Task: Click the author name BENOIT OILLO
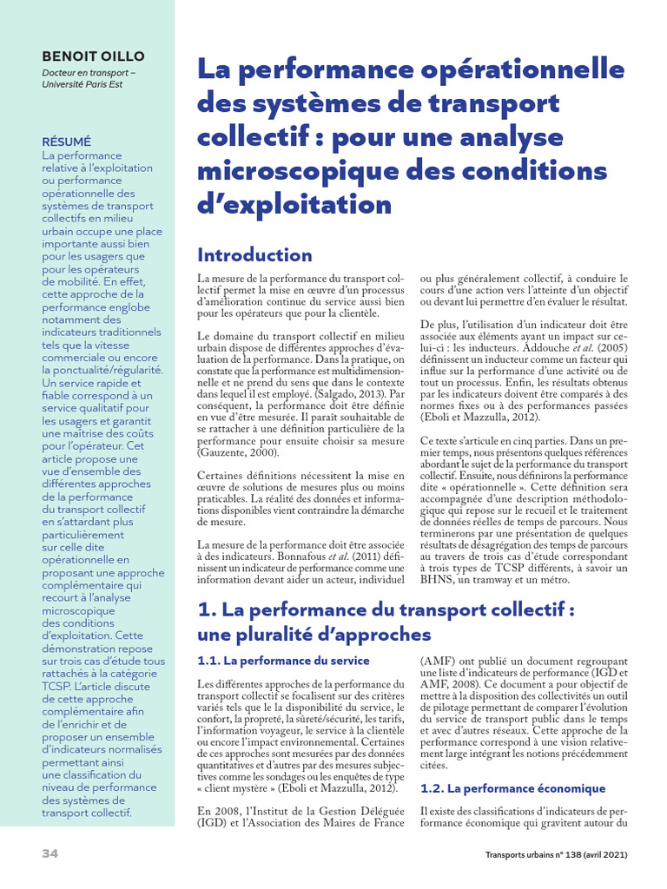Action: coord(94,56)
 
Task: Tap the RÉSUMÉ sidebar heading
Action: coord(66,141)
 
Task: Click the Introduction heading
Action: coord(254,254)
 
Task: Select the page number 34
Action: coord(50,854)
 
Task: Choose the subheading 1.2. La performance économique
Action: coord(512,788)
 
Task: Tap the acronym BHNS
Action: coord(437,579)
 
